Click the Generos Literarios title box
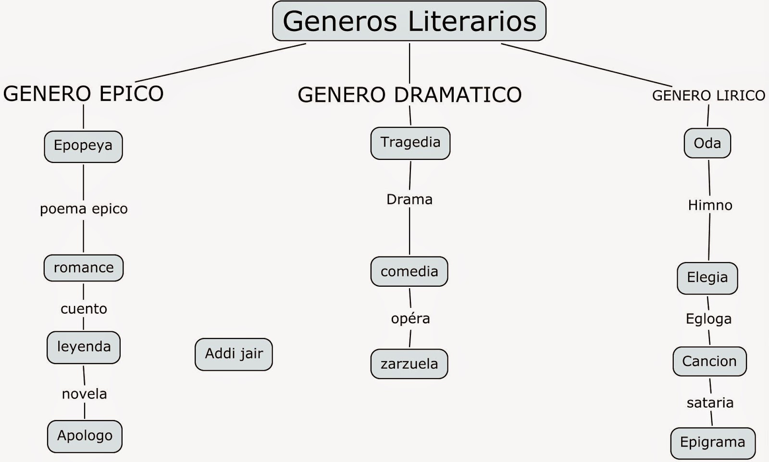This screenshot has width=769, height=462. click(x=409, y=21)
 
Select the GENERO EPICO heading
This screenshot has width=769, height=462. click(x=83, y=93)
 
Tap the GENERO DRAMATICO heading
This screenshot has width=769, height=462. click(x=409, y=95)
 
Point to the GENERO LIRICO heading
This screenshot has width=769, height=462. click(x=708, y=96)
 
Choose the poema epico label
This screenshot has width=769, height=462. click(x=84, y=209)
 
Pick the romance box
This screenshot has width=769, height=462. click(x=84, y=268)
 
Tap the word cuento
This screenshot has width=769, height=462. click(x=84, y=309)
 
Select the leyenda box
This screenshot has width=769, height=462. click(x=84, y=347)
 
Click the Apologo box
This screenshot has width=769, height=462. click(x=85, y=436)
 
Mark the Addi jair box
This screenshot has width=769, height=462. click(x=234, y=354)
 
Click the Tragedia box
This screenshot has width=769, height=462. click(x=410, y=143)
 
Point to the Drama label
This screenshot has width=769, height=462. click(x=409, y=199)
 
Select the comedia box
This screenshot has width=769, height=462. click(x=409, y=272)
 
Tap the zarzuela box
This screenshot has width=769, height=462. click(x=409, y=364)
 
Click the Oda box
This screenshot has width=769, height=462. click(x=707, y=143)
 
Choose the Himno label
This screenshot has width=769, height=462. click(x=710, y=206)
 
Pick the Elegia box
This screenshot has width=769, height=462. click(x=707, y=278)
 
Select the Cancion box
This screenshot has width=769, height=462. click(x=709, y=361)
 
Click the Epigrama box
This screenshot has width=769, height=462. click(x=712, y=443)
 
